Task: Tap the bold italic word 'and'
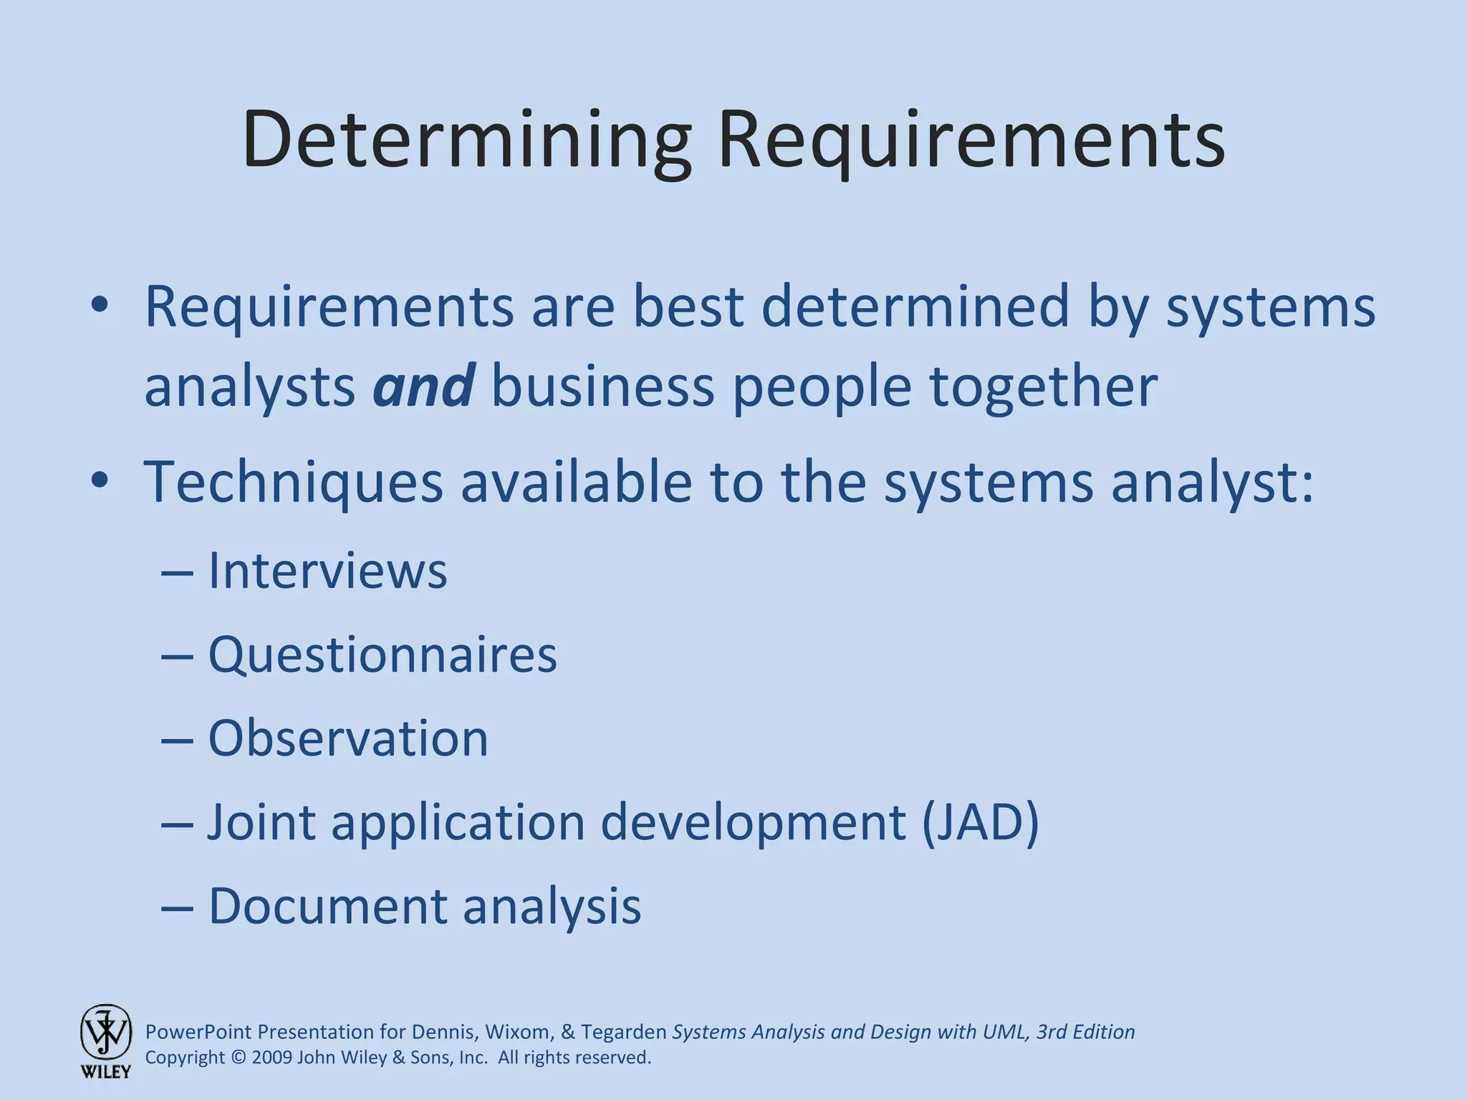point(423,385)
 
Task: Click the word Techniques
point(294,482)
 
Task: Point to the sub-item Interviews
point(327,571)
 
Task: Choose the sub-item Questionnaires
point(382,655)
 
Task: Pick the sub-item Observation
point(348,738)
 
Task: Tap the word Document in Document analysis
point(327,906)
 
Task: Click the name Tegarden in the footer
point(623,1032)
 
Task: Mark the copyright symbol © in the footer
point(239,1058)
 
